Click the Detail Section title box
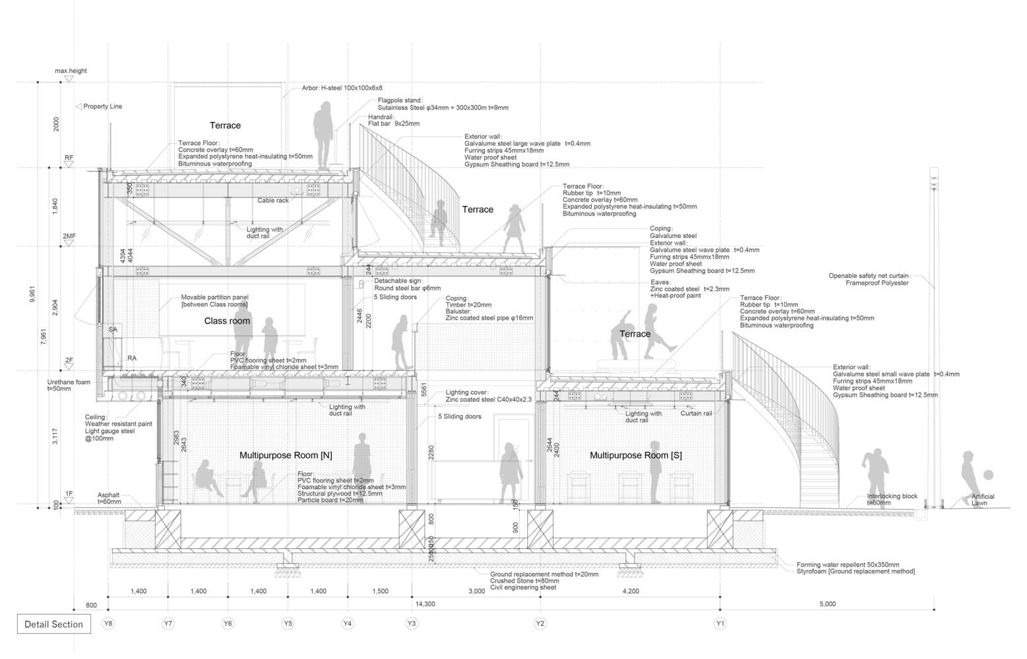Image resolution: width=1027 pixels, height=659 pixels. click(53, 624)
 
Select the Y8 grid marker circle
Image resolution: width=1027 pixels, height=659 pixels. click(108, 623)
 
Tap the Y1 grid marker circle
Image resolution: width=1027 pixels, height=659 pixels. click(720, 623)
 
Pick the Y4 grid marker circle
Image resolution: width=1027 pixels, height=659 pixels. click(348, 623)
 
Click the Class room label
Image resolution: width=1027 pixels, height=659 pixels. click(227, 321)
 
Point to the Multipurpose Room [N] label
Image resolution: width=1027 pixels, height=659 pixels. click(286, 455)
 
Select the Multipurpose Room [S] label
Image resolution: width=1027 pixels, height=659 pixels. click(635, 455)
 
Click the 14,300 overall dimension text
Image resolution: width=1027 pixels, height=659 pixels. click(425, 604)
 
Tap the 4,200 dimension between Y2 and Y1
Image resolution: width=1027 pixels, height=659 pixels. click(631, 591)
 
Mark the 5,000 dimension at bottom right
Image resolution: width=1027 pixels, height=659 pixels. click(827, 604)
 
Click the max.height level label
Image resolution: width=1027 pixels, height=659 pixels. click(71, 71)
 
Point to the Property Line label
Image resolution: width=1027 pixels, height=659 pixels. click(102, 106)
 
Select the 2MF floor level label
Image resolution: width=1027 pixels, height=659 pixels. click(69, 236)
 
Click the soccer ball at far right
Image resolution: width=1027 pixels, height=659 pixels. click(988, 474)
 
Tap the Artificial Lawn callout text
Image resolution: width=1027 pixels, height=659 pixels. click(982, 500)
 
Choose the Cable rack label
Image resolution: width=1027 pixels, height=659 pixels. click(272, 200)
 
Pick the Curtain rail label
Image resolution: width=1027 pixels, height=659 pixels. click(696, 414)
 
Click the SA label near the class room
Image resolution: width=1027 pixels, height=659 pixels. click(113, 329)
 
